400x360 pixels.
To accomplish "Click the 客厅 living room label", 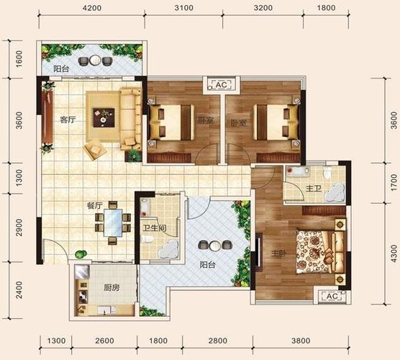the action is pos(68,120).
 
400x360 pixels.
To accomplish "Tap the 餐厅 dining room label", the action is pos(95,205).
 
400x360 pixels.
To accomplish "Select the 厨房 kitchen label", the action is pos(112,288).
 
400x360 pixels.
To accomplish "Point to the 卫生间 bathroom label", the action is pos(155,228).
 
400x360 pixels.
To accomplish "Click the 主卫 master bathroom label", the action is pos(314,189).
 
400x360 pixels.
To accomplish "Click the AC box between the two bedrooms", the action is pos(221,85).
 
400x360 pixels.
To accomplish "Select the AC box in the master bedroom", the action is pos(332,296).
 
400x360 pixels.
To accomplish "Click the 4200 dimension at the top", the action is pos(92,8).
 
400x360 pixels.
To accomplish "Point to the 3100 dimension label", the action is pos(183,8).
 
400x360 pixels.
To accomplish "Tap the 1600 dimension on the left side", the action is pos(19,59).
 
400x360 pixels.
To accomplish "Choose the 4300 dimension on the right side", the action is pos(394,253).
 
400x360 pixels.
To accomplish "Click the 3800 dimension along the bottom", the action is pos(301,341).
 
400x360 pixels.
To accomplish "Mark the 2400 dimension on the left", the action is pos(19,290).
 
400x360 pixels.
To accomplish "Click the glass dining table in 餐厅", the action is pos(113,222).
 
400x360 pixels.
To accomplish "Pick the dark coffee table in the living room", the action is pos(104,117).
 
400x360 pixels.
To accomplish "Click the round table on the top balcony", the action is pos(96,60).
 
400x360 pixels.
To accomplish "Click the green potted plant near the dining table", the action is pos(81,254).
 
